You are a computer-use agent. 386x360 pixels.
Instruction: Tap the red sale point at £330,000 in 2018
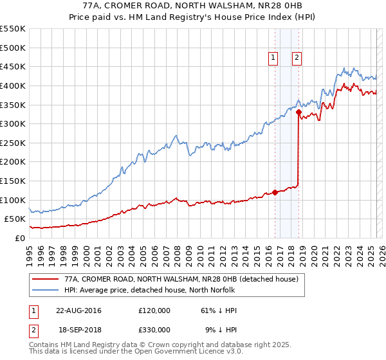(299, 112)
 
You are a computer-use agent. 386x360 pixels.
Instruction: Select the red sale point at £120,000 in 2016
(275, 192)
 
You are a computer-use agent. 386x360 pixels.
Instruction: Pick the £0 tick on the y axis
(19, 238)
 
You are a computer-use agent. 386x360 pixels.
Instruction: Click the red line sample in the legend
(44, 280)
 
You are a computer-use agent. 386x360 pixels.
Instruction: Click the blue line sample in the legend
(44, 291)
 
